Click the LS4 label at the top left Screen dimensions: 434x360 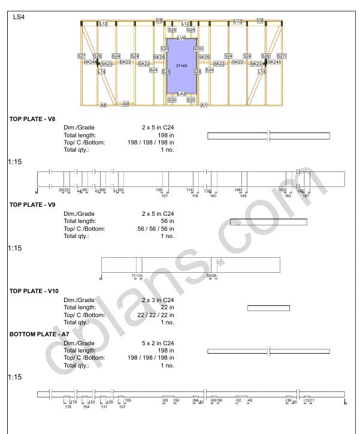(x=19, y=17)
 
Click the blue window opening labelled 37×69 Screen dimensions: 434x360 (x=181, y=66)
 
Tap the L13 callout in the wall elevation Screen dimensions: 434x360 (x=103, y=23)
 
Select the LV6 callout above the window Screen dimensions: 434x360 (x=181, y=38)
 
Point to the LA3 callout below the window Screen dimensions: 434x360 (x=181, y=94)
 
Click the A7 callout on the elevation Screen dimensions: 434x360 (x=204, y=105)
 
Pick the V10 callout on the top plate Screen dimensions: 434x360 (x=237, y=22)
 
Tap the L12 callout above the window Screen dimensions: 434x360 (x=186, y=23)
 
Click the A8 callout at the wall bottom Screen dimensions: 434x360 (x=103, y=105)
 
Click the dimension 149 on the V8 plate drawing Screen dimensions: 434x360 (x=243, y=196)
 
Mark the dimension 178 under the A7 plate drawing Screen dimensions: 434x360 (x=68, y=407)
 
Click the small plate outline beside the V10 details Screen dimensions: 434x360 (x=268, y=308)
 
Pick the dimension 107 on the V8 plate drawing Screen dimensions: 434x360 (x=165, y=196)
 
